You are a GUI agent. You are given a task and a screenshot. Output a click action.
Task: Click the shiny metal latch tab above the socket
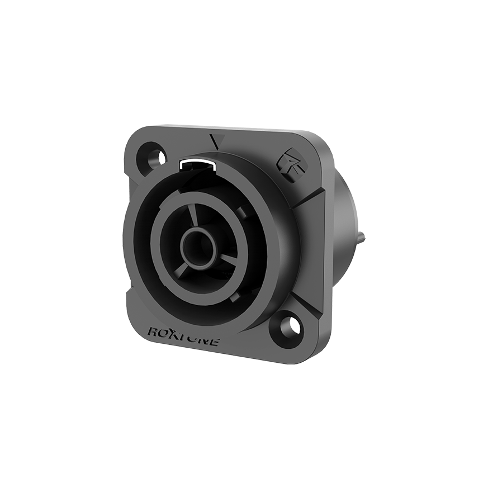[198, 166]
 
